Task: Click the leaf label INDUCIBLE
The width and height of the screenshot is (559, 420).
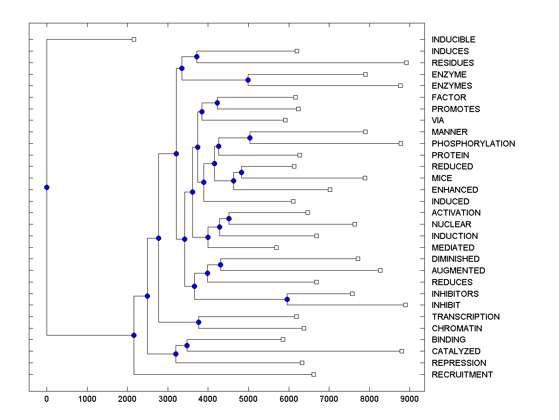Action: click(x=453, y=40)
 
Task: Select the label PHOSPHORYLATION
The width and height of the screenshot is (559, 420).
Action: click(x=473, y=143)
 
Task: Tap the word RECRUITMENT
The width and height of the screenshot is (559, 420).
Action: click(x=462, y=374)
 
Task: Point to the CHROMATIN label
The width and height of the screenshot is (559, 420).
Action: click(x=457, y=328)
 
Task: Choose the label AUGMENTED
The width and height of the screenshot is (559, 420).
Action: click(x=458, y=270)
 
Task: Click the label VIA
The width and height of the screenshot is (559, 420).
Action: click(x=438, y=120)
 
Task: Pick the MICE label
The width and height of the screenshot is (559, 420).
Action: click(x=442, y=178)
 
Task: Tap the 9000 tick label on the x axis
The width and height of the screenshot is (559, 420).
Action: click(x=409, y=398)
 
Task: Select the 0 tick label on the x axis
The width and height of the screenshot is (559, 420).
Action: click(x=47, y=398)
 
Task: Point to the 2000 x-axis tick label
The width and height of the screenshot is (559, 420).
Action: click(x=127, y=398)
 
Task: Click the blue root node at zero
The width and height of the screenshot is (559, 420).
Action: click(x=47, y=187)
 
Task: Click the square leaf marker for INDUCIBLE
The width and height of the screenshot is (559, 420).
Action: click(x=134, y=40)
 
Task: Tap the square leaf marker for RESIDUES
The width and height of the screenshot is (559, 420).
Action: click(x=406, y=63)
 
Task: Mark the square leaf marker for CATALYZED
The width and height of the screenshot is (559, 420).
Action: click(x=402, y=351)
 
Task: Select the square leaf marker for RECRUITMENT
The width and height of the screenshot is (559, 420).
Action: click(x=314, y=374)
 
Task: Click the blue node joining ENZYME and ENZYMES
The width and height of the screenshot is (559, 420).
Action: click(x=248, y=80)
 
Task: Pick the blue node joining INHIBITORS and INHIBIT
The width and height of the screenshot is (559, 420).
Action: click(x=287, y=299)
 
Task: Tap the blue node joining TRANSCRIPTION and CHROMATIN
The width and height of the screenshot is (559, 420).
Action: click(x=198, y=322)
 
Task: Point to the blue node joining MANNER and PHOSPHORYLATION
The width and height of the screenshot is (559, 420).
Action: click(x=250, y=138)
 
